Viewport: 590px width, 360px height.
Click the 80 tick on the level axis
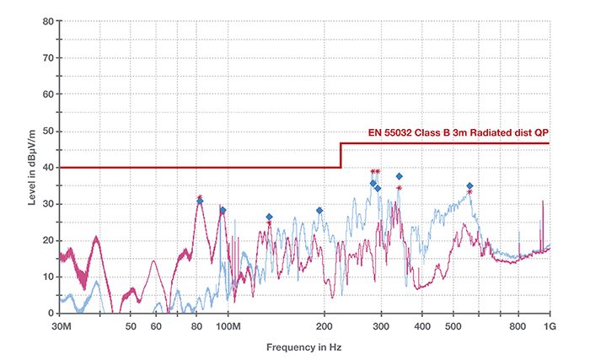(48, 22)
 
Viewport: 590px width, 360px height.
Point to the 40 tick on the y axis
(48, 168)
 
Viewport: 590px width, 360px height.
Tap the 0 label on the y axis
(51, 314)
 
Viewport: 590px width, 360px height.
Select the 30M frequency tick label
(60, 325)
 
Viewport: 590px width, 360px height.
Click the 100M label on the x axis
(230, 325)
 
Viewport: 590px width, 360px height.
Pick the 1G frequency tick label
(550, 325)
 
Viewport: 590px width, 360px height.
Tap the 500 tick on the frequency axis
(454, 325)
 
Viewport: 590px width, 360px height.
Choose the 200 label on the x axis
(324, 325)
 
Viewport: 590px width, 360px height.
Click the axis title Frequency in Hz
(304, 347)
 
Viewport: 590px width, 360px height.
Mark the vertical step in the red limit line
(341, 155)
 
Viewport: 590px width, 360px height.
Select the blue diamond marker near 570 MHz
(469, 185)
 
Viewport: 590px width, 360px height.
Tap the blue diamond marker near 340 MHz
(400, 176)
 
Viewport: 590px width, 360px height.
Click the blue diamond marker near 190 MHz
(319, 211)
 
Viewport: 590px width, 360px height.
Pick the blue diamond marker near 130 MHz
(269, 217)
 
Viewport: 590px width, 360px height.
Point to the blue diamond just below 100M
(223, 210)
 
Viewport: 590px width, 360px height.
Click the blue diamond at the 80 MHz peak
(200, 201)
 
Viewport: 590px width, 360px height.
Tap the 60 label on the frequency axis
(156, 325)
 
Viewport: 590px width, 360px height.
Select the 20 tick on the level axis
(48, 240)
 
